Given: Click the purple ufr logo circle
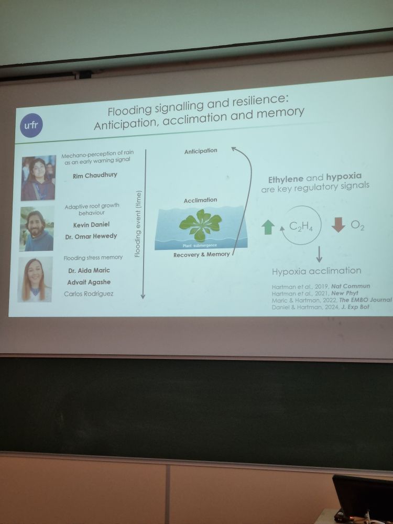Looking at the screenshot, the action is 31,125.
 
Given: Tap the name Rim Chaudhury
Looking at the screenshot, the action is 95,175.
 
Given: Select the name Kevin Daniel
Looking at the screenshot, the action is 91,225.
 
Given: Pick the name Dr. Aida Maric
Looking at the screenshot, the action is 89,270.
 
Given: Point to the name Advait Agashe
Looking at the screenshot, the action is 89,282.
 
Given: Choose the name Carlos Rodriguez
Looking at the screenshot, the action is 89,294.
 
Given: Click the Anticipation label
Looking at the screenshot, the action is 201,151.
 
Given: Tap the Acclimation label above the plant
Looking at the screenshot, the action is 200,200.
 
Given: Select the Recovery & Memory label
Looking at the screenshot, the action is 202,255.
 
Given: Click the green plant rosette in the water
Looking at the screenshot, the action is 201,225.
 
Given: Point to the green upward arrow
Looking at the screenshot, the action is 268,227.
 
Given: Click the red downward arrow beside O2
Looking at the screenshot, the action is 338,225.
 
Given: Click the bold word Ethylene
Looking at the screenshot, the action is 286,179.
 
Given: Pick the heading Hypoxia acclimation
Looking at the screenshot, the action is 316,271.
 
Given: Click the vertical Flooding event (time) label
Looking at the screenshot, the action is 138,224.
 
